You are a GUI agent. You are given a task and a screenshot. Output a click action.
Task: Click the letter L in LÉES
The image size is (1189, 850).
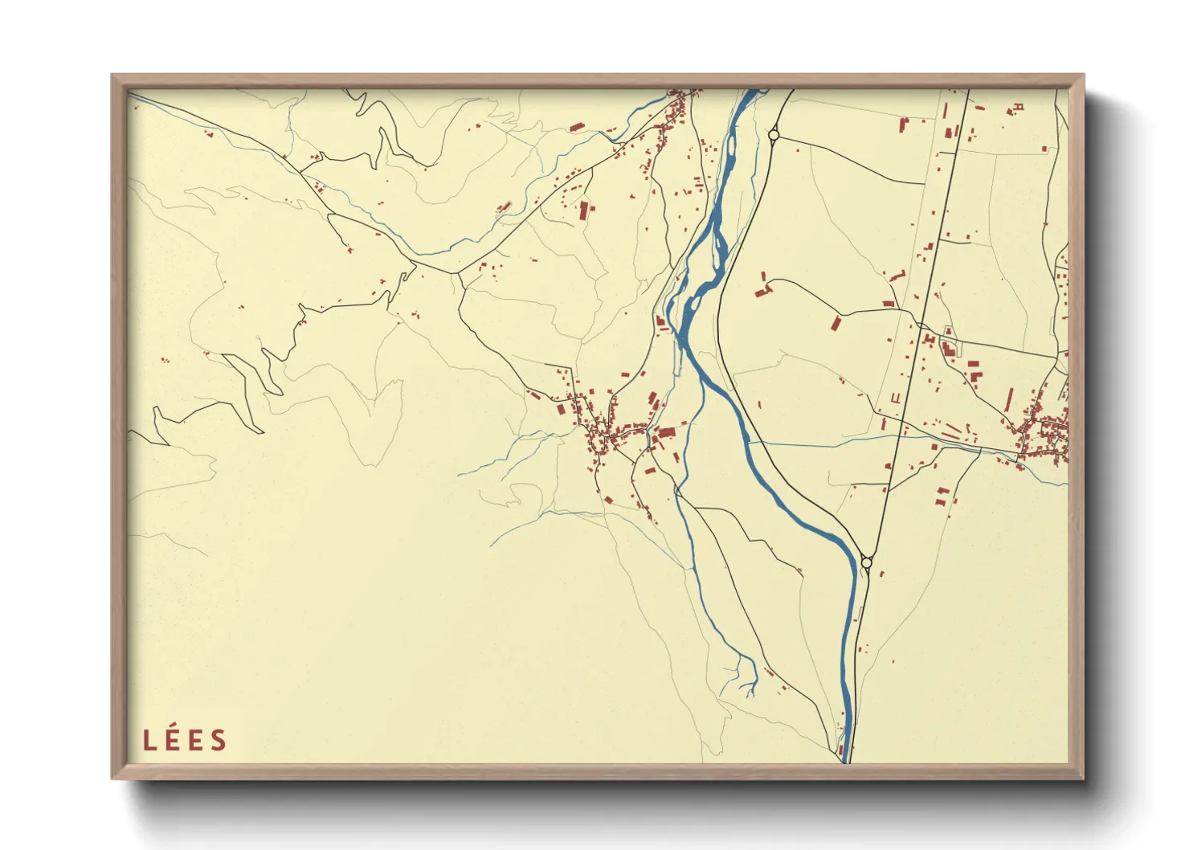[149, 741]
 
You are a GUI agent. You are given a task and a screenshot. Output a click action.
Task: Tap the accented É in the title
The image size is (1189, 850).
[171, 740]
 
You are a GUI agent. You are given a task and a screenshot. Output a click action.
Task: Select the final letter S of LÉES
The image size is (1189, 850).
[218, 741]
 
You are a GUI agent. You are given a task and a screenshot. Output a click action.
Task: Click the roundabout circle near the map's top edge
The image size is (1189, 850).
[774, 136]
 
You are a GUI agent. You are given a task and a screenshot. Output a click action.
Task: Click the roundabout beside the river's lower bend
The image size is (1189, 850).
[866, 563]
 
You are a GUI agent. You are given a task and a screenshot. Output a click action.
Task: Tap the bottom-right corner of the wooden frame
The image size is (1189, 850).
[1083, 778]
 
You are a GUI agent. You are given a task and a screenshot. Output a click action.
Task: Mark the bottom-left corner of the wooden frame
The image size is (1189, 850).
[112, 778]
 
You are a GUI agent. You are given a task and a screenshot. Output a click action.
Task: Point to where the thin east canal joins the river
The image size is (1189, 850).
[750, 442]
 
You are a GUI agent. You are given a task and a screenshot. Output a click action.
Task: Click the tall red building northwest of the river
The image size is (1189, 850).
[584, 210]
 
